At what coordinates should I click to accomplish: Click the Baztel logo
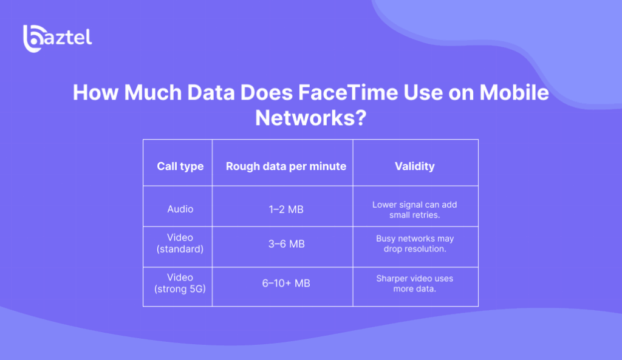58,38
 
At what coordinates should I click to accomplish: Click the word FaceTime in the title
348,92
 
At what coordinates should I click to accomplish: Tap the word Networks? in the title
310,118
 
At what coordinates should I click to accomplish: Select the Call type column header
180,166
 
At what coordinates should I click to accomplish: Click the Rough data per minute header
286,166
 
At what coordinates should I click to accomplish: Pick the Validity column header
414,166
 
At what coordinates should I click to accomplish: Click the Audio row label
180,209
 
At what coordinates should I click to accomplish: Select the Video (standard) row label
180,243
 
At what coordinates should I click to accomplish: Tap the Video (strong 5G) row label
180,283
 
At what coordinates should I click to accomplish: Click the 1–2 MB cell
286,209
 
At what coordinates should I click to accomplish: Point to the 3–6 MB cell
287,244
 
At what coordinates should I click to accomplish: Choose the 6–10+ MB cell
286,283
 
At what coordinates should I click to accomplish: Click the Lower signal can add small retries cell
414,209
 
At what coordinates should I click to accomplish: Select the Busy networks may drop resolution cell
414,244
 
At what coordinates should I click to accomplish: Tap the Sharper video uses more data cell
414,284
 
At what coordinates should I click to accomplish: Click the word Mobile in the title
514,92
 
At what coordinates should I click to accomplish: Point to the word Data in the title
211,92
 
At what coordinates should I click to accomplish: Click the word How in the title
95,92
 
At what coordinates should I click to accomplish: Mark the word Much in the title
152,92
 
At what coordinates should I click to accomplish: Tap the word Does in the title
266,92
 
